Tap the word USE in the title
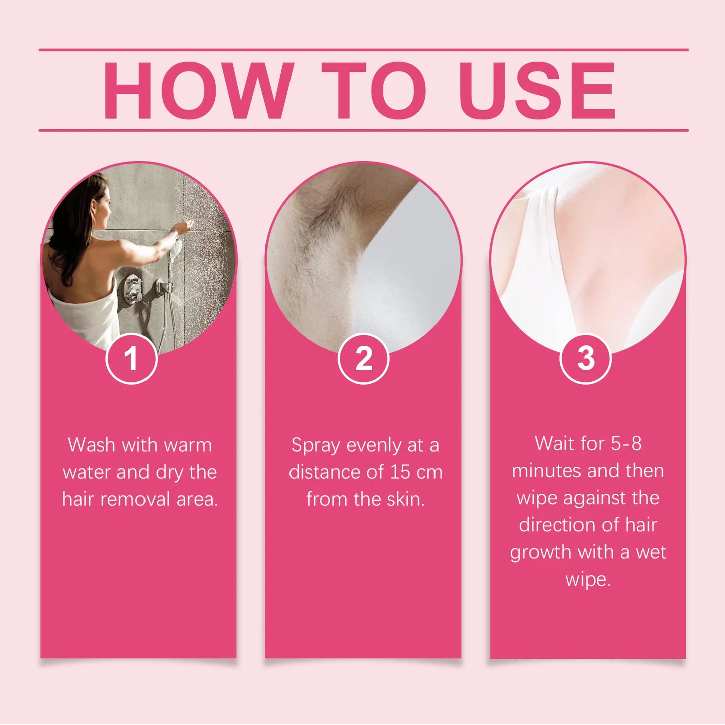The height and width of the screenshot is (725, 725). click(x=537, y=91)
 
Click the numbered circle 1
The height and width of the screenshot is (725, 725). click(x=131, y=359)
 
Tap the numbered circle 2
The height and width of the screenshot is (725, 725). click(x=363, y=359)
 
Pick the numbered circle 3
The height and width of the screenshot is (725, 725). click(x=586, y=359)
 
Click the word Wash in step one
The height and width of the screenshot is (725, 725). click(x=91, y=445)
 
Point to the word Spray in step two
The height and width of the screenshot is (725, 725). click(x=315, y=446)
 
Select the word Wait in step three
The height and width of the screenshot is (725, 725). click(x=554, y=443)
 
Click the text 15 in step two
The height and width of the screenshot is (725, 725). click(x=400, y=472)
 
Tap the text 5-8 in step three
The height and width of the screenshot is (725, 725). click(x=626, y=443)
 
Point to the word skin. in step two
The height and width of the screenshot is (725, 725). click(x=405, y=499)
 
